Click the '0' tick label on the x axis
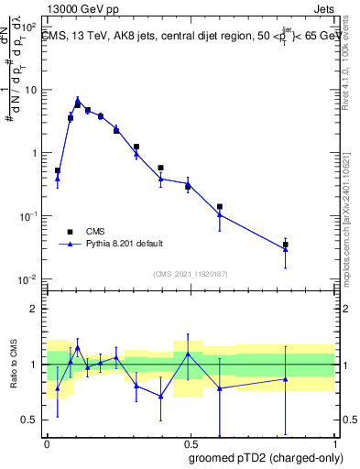pyautogui.click(x=47, y=443)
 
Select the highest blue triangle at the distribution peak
pyautogui.click(x=78, y=100)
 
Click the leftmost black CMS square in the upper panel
pyautogui.click(x=58, y=170)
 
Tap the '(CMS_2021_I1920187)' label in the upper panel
pyautogui.click(x=191, y=274)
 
